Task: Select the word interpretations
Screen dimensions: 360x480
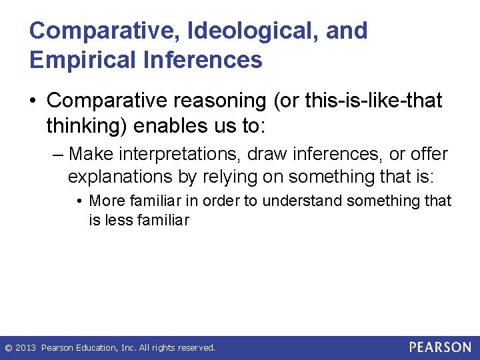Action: (x=174, y=154)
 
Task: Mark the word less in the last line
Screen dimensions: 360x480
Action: (x=117, y=219)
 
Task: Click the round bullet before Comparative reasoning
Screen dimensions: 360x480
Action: (x=34, y=101)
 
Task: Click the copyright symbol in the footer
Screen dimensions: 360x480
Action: (x=9, y=347)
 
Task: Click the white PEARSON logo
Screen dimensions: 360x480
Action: (x=440, y=347)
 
